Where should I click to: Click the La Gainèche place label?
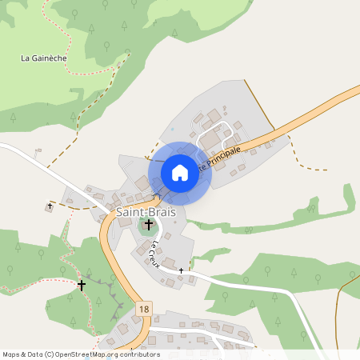point(44,58)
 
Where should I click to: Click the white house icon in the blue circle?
point(180,172)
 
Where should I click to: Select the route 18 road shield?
point(143,309)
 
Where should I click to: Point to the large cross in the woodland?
point(82,284)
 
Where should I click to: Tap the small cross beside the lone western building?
point(50,206)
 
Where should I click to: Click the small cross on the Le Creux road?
point(182,271)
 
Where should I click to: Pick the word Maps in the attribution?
point(11,354)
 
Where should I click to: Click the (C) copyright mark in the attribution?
point(50,354)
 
